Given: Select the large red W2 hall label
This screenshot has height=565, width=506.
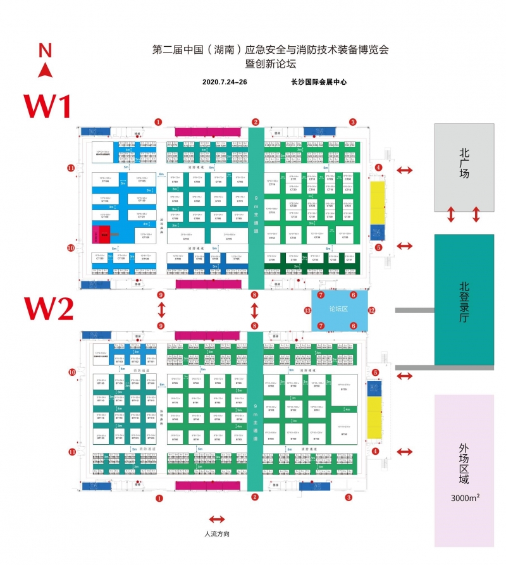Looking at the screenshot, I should [x=49, y=309].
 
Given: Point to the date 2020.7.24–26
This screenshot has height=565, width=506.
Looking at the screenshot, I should [x=225, y=82].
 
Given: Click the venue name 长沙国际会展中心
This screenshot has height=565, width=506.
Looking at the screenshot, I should [x=319, y=82].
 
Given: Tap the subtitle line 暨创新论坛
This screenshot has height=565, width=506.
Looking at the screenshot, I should [x=271, y=63].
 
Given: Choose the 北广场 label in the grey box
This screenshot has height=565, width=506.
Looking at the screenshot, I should [x=464, y=162].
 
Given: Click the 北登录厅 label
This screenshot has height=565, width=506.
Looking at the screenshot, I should [x=464, y=299].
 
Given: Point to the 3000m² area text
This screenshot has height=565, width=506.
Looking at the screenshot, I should [x=465, y=497].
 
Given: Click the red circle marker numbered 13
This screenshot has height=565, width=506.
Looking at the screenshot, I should [x=307, y=310].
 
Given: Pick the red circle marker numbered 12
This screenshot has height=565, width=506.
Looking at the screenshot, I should [x=372, y=310].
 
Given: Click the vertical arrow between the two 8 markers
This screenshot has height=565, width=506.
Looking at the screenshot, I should [x=255, y=310].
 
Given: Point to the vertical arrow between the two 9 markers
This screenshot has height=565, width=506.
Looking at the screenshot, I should [x=161, y=310].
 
